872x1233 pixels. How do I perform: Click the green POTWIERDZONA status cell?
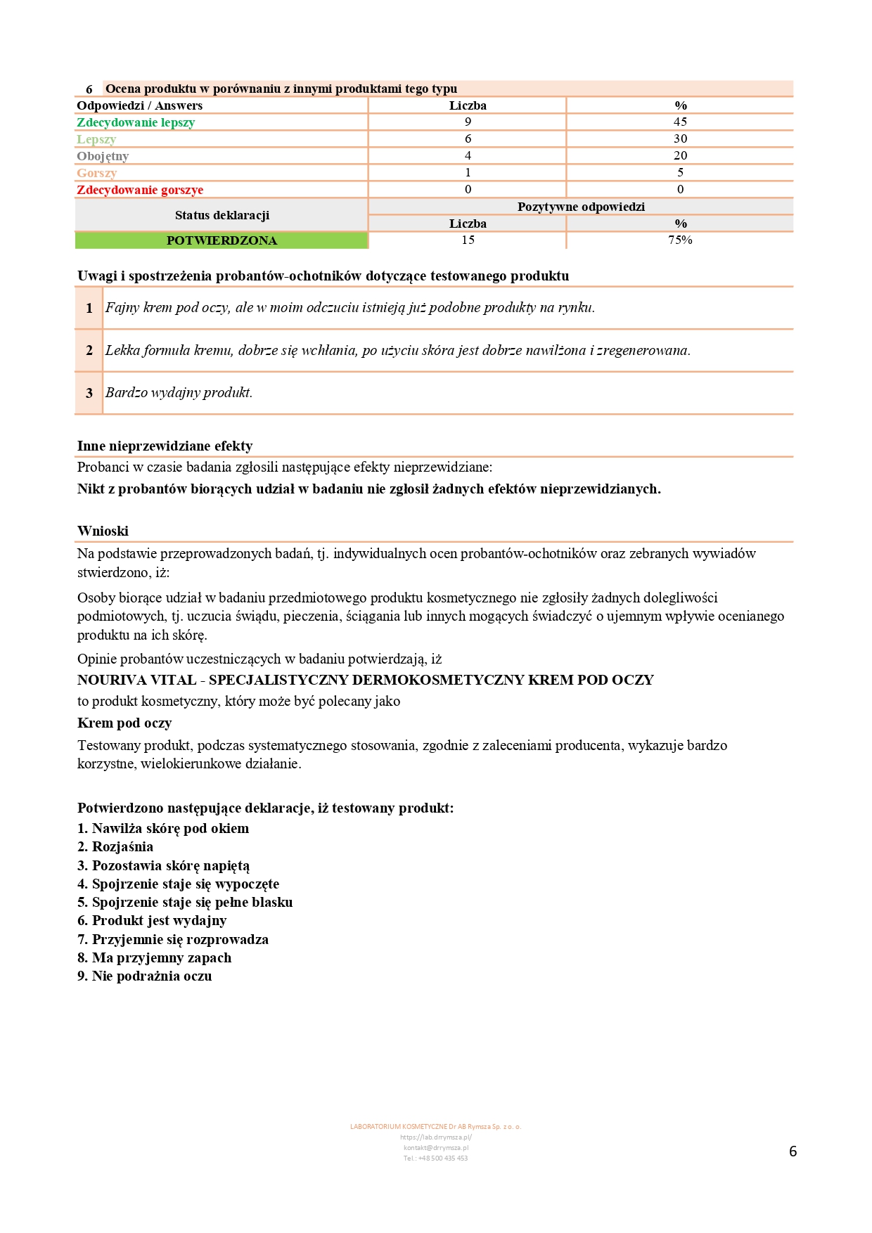222,240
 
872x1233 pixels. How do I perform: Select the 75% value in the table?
680,240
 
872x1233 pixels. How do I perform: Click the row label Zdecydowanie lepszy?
136,122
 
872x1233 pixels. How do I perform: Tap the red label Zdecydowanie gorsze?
140,190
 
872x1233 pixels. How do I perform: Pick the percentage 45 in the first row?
680,122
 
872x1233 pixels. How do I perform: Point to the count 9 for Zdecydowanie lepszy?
468,122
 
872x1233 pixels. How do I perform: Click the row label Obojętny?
103,156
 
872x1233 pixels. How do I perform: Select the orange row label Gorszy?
97,173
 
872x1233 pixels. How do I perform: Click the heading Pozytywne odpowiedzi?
581,207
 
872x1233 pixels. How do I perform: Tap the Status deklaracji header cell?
222,215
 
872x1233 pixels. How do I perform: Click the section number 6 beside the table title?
89,89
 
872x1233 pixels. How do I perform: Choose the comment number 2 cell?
89,350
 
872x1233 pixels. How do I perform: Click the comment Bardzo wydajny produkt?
179,393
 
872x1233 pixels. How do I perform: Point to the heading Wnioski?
103,531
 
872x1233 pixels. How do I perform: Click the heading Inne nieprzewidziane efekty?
165,446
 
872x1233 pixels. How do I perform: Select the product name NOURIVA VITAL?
137,680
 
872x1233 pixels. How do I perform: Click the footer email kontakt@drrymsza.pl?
435,1147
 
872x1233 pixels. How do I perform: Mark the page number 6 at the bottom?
793,1151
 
